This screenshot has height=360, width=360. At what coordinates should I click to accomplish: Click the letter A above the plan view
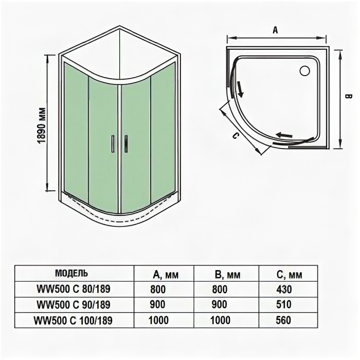tap(275, 30)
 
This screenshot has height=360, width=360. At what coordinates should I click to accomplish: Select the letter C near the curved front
tap(235, 136)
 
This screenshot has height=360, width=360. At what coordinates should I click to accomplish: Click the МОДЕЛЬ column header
tap(71, 274)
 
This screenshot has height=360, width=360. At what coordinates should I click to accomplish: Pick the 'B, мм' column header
tap(226, 275)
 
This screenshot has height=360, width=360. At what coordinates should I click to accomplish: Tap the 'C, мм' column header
tap(288, 275)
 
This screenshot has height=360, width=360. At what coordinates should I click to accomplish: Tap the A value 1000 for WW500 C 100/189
tap(158, 320)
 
